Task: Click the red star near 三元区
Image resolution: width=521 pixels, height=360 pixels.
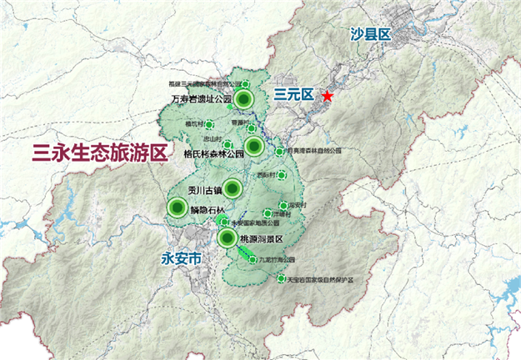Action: click(328, 97)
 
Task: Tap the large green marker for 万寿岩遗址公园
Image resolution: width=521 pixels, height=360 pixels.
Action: click(243, 100)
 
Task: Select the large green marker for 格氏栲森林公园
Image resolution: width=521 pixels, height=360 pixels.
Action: click(255, 147)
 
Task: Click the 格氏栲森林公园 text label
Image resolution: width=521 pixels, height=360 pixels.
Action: click(213, 154)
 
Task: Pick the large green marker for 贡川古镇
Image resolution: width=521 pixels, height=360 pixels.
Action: click(233, 187)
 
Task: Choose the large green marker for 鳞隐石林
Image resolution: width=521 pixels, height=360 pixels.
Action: click(176, 207)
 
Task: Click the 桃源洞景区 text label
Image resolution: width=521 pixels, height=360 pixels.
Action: click(263, 240)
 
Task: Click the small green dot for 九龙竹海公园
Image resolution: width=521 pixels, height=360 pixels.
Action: click(253, 260)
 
